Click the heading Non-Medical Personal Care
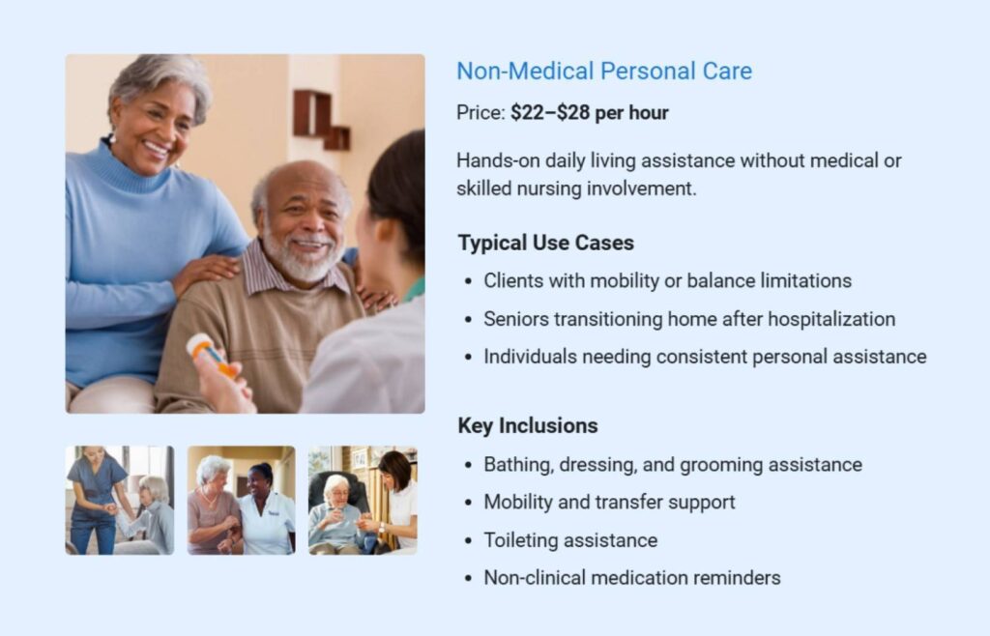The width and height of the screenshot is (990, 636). pos(603,71)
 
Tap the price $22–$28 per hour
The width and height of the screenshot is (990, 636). pos(589,113)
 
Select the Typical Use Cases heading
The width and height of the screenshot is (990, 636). pos(545,243)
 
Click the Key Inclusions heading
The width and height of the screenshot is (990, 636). pos(527,425)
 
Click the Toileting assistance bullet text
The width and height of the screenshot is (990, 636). pos(570,540)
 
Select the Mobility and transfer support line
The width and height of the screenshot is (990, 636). pos(609,502)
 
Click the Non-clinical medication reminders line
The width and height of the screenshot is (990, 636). pos(631,578)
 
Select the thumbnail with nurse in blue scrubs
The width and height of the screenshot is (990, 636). pos(120,500)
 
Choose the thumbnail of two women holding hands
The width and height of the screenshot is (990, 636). pos(241,500)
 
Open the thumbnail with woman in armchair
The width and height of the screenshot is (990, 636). pos(363,500)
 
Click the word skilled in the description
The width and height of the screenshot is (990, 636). pos(485,188)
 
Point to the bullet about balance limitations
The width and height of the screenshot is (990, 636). pos(667,280)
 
